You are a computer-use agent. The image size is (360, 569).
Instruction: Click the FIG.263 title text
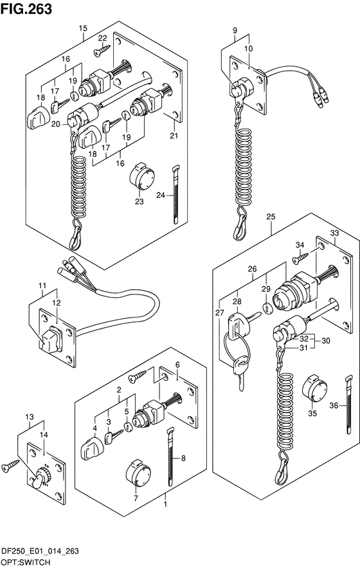pyautogui.click(x=26, y=9)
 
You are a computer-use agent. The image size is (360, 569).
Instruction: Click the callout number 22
pyautogui.click(x=102, y=38)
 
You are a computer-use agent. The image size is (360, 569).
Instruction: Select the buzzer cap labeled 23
pyautogui.click(x=141, y=177)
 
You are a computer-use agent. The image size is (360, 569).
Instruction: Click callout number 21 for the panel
pyautogui.click(x=174, y=136)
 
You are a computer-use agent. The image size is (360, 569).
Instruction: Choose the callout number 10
pyautogui.click(x=249, y=49)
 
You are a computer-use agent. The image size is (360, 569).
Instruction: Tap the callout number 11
pyautogui.click(x=43, y=285)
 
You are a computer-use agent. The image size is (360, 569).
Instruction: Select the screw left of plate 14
pyautogui.click(x=11, y=465)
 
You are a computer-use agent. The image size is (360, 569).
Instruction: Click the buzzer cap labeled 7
pyautogui.click(x=138, y=474)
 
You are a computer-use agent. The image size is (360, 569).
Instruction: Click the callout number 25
pyautogui.click(x=271, y=217)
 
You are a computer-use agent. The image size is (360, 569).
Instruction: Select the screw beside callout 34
pyautogui.click(x=300, y=258)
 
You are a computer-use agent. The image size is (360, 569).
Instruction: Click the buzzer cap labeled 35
pyautogui.click(x=314, y=388)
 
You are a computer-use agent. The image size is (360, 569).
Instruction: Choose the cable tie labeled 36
pyautogui.click(x=348, y=404)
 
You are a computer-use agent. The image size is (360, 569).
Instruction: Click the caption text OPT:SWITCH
pyautogui.click(x=26, y=563)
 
